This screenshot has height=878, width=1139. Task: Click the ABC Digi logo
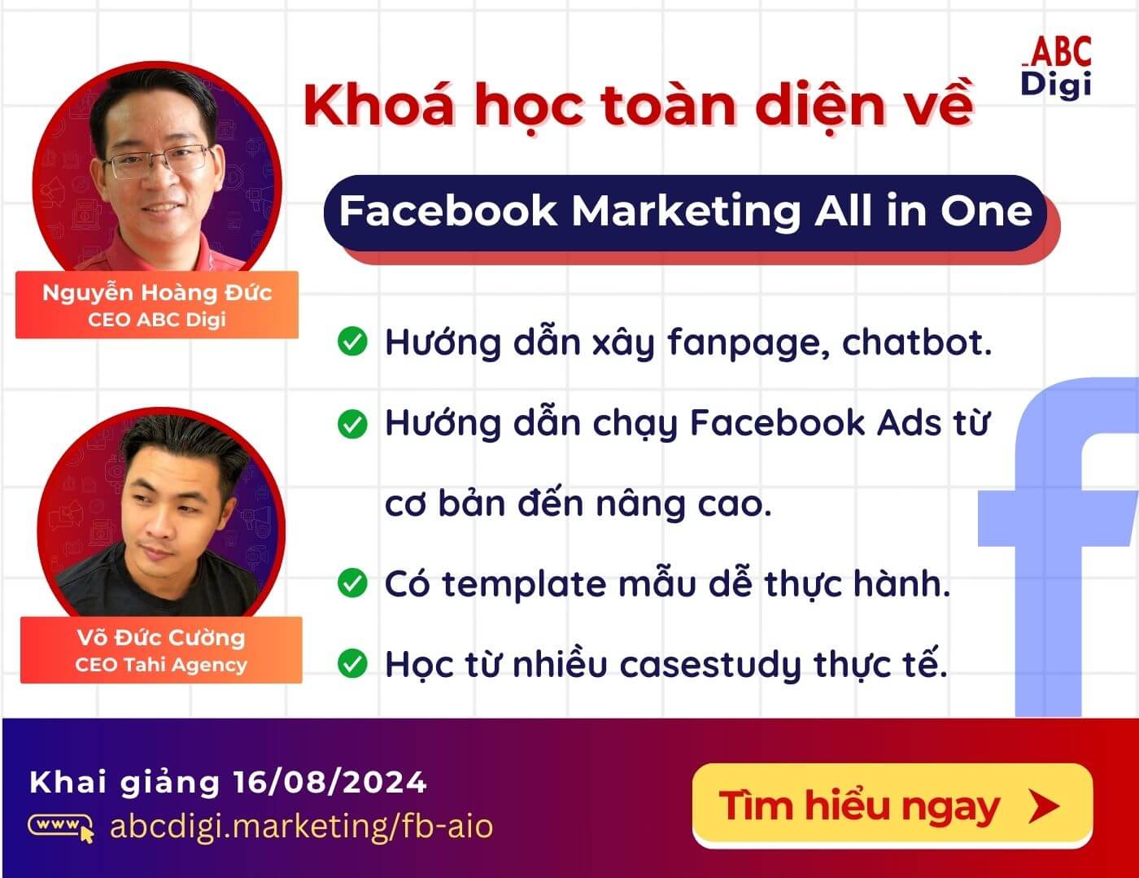tap(1056, 67)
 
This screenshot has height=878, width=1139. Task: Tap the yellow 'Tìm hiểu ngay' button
tap(891, 806)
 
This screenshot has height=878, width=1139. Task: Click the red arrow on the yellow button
tap(1044, 806)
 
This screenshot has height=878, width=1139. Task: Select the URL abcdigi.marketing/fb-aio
tap(301, 826)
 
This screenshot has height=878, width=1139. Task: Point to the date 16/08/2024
tap(329, 782)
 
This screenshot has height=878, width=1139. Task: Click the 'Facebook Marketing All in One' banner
tap(685, 211)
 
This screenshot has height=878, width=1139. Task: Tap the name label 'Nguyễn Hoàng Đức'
tap(157, 292)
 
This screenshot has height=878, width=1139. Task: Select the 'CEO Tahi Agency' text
tap(161, 665)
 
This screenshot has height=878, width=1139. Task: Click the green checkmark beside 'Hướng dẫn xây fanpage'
tap(352, 342)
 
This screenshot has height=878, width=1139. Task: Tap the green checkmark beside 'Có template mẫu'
tap(352, 583)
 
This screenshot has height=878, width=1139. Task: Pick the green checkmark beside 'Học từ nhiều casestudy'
tap(352, 663)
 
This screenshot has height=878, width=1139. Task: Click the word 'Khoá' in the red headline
tap(379, 106)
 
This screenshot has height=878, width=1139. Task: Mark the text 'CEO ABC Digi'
tap(157, 319)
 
